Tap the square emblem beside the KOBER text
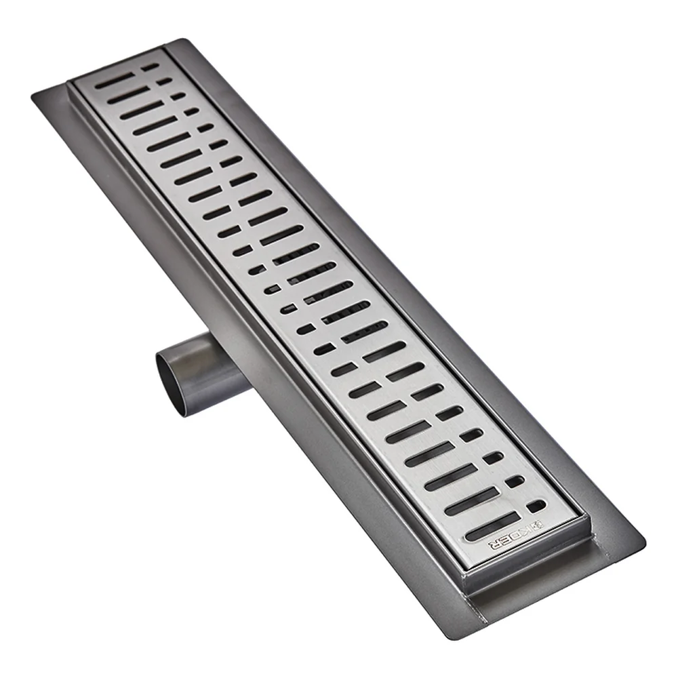pyautogui.click(x=536, y=525)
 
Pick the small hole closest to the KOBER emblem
pyautogui.click(x=536, y=505)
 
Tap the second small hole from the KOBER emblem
pyautogui.click(x=515, y=481)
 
